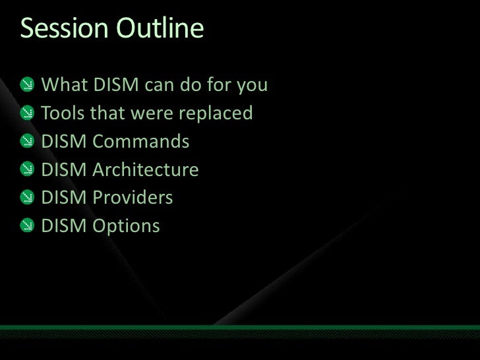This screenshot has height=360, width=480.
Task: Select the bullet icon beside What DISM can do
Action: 27,86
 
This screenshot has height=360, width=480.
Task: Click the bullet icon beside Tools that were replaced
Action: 27,114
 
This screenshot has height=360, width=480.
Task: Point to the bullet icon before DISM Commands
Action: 27,142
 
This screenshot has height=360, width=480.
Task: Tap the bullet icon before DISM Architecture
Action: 27,171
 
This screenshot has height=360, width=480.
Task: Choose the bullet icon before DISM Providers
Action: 27,198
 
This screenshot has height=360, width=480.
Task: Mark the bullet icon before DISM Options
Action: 27,227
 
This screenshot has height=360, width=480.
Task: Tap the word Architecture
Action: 146,170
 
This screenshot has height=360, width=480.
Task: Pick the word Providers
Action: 133,198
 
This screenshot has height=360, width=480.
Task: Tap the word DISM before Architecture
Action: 65,170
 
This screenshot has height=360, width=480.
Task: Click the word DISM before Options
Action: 65,227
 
